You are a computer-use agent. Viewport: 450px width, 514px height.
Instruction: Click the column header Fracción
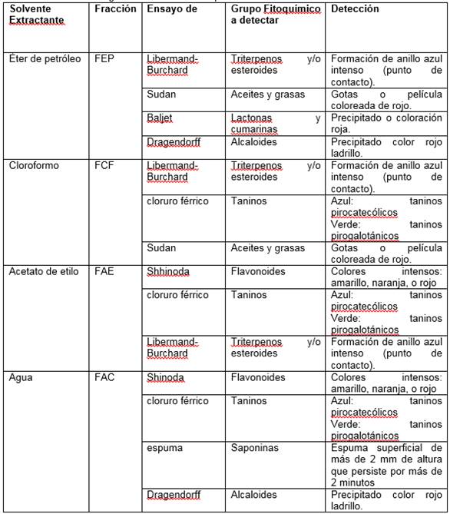(115, 9)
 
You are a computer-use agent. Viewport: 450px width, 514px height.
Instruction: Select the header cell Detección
(356, 9)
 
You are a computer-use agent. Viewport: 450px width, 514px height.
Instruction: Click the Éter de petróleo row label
(44, 58)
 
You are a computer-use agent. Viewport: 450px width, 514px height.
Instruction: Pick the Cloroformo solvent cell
(33, 165)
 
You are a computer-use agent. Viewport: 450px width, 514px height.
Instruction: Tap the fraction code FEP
(104, 58)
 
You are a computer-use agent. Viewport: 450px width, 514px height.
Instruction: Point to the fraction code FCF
(104, 165)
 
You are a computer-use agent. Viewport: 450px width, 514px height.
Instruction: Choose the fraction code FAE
(104, 271)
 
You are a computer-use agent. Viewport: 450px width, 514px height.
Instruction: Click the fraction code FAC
(105, 377)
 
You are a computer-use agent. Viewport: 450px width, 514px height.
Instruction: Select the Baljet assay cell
(160, 118)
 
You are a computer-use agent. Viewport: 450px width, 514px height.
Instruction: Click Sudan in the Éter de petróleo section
(161, 95)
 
